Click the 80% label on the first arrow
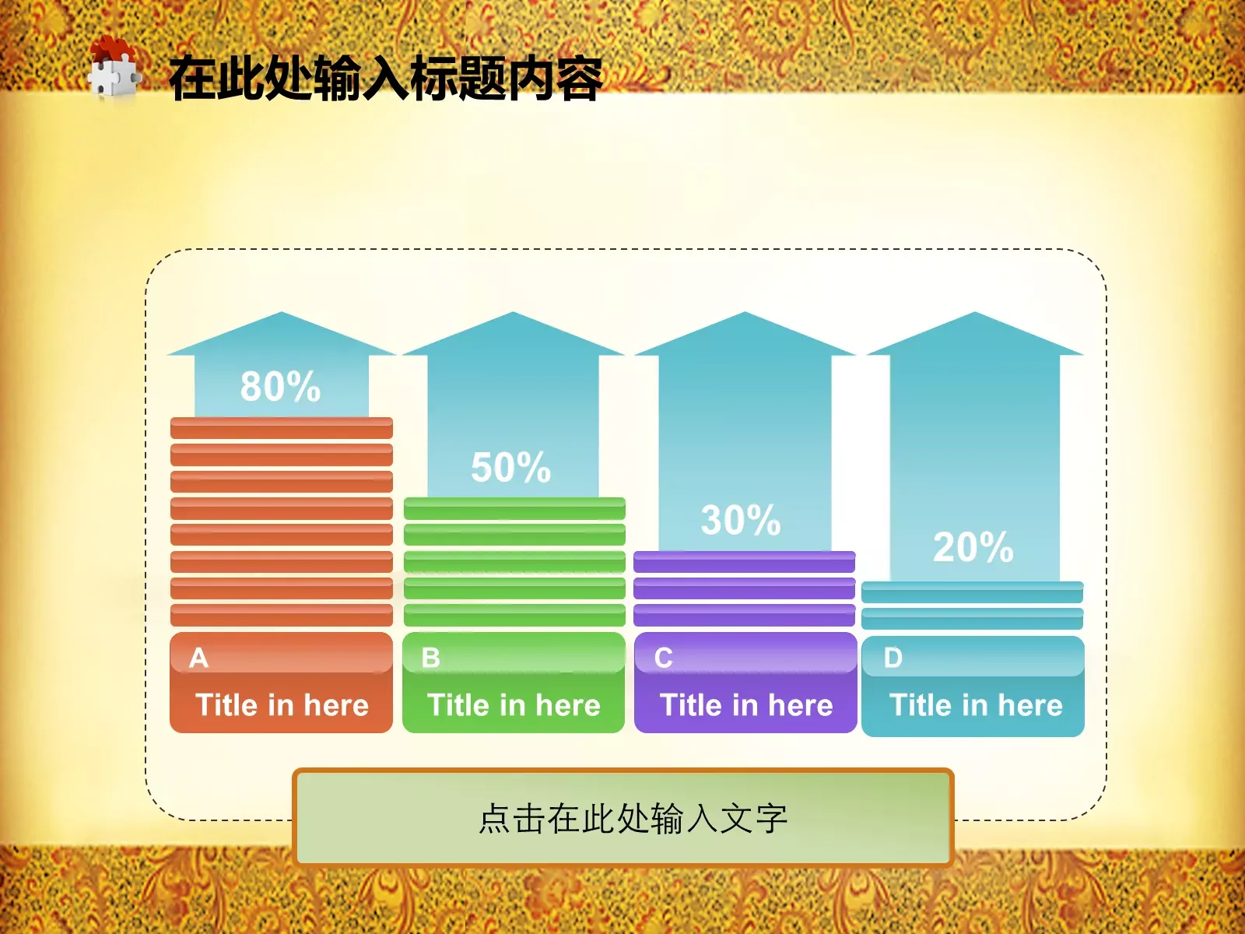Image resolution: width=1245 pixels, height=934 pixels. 280,386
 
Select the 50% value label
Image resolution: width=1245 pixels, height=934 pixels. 510,467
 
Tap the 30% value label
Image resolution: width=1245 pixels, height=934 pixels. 740,520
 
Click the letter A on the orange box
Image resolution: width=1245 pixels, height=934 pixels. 199,658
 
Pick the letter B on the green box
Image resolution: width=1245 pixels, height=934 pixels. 430,658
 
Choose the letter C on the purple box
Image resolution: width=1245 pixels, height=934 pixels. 663,658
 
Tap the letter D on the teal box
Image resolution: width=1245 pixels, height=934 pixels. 893,658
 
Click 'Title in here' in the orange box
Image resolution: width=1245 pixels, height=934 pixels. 282,705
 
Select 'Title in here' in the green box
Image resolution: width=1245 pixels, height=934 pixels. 514,705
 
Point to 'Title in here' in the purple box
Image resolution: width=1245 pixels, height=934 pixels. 746,705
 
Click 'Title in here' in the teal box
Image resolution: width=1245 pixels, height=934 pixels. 976,705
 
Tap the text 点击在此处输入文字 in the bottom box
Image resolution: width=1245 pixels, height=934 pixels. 633,819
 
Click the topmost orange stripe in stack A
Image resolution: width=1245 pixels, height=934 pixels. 282,428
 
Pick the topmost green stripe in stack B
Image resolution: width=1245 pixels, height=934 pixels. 514,508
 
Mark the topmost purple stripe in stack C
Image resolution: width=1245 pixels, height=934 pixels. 744,561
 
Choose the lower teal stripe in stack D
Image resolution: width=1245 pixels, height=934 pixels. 972,619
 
